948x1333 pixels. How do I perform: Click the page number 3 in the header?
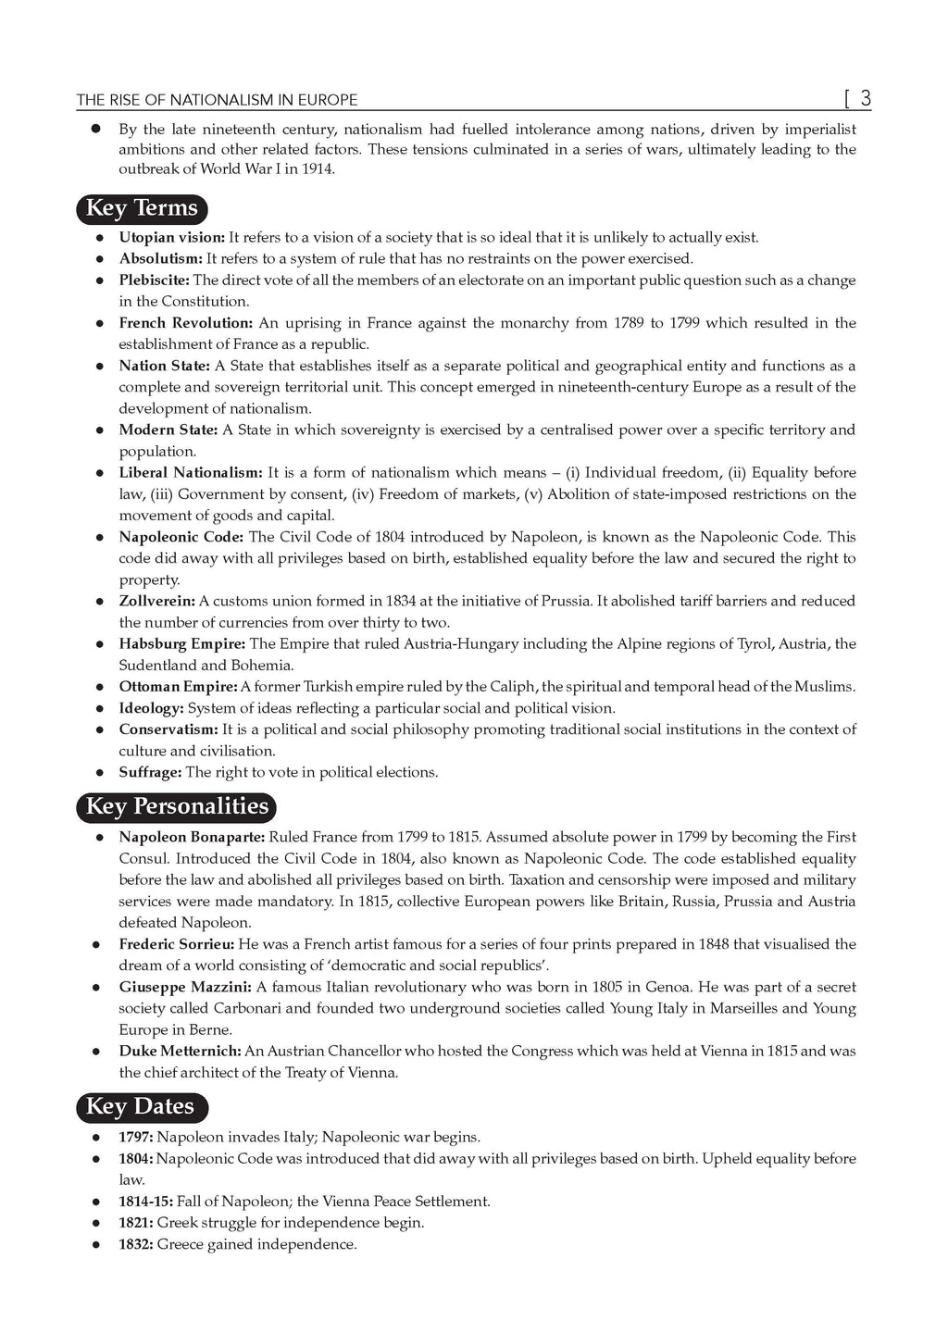pyautogui.click(x=865, y=97)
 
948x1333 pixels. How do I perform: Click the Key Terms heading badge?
pyautogui.click(x=142, y=208)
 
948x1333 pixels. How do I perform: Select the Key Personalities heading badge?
pyautogui.click(x=176, y=807)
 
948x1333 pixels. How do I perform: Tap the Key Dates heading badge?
pyautogui.click(x=142, y=1107)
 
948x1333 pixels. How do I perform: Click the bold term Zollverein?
pyautogui.click(x=156, y=601)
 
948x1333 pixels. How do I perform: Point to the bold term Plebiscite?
pyautogui.click(x=154, y=280)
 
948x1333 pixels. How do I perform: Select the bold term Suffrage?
pyautogui.click(x=150, y=772)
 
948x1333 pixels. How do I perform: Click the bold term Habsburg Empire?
pyautogui.click(x=181, y=643)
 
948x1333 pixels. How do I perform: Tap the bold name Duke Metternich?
pyautogui.click(x=180, y=1051)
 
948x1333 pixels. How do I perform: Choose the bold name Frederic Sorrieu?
pyautogui.click(x=177, y=944)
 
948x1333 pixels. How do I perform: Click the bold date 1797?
pyautogui.click(x=136, y=1137)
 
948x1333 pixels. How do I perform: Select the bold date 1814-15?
pyautogui.click(x=145, y=1201)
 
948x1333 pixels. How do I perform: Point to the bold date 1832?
pyautogui.click(x=136, y=1244)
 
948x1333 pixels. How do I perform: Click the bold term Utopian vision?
pyautogui.click(x=171, y=237)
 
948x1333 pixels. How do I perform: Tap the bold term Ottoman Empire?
pyautogui.click(x=178, y=686)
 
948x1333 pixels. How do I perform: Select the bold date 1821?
pyautogui.click(x=136, y=1222)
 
